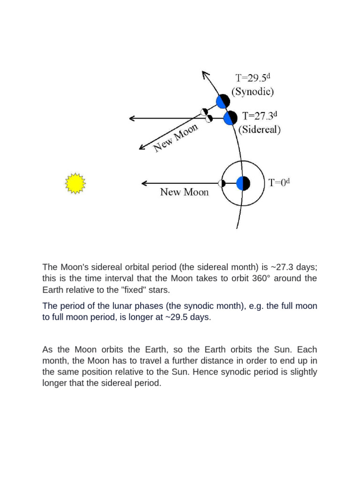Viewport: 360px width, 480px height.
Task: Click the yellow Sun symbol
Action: point(75,184)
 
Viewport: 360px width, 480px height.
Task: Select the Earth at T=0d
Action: point(243,183)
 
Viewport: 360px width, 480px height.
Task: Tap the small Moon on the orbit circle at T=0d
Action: point(221,183)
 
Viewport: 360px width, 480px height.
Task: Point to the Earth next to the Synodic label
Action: point(223,101)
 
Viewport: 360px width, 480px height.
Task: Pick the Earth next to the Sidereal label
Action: point(230,118)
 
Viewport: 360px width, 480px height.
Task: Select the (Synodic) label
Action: point(253,91)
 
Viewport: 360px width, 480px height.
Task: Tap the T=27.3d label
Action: point(260,116)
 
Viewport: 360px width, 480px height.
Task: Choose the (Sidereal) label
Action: point(260,130)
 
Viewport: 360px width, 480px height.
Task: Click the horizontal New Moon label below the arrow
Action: point(185,192)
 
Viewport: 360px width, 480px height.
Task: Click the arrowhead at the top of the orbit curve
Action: point(204,74)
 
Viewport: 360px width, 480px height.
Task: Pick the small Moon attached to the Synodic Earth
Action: point(204,112)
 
